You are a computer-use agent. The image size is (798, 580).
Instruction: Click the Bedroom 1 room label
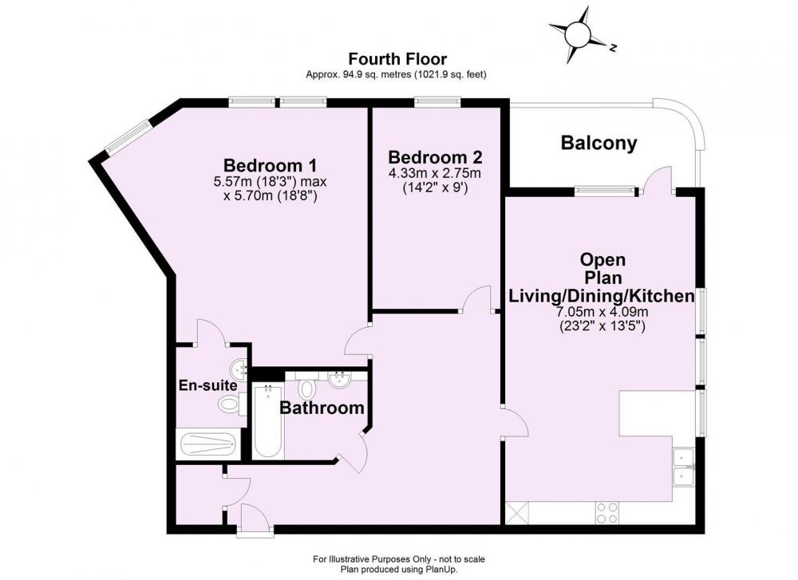(x=271, y=165)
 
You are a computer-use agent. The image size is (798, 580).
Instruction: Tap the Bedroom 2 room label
(x=435, y=156)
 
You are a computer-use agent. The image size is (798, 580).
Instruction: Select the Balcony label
(x=598, y=143)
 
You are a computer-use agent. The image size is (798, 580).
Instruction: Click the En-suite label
(x=207, y=385)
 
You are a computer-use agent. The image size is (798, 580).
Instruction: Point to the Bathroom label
(x=322, y=408)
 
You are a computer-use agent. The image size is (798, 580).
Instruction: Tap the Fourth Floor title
(x=397, y=59)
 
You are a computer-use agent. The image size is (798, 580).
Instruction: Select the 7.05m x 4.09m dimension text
(x=602, y=311)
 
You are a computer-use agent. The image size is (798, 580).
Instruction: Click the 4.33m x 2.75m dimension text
(x=435, y=173)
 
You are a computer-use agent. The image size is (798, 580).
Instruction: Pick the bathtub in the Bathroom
(x=267, y=422)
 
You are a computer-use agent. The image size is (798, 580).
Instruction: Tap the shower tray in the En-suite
(x=208, y=444)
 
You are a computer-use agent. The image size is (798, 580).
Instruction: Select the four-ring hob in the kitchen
(x=606, y=512)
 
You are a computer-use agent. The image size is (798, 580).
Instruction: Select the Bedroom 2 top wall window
(x=437, y=102)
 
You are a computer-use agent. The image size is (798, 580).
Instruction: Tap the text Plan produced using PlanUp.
(x=399, y=570)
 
